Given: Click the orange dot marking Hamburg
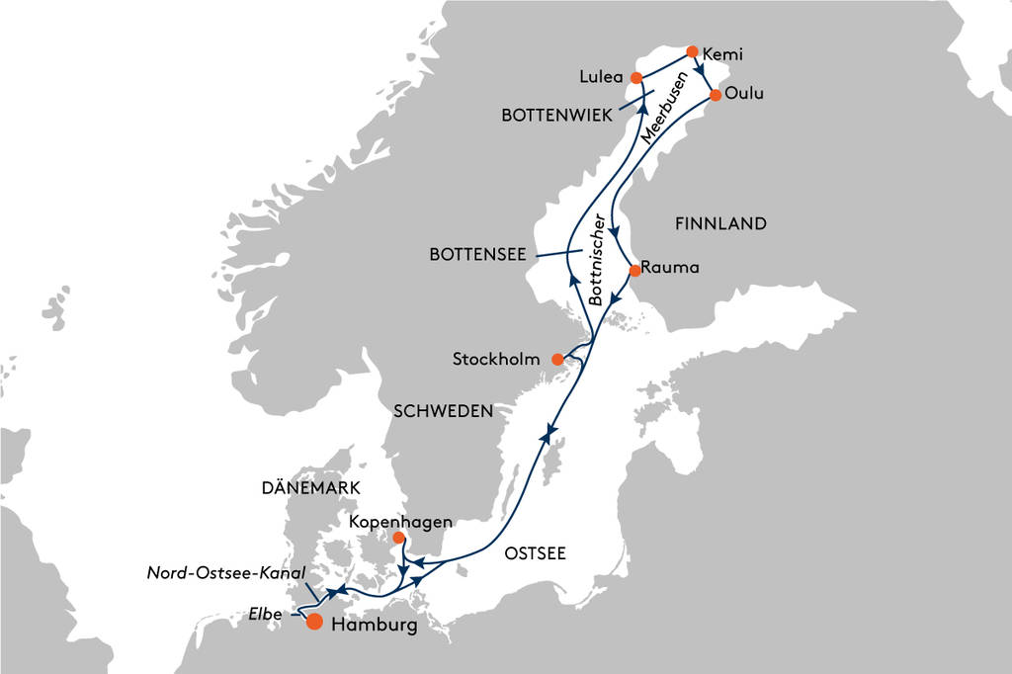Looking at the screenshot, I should point(314,622).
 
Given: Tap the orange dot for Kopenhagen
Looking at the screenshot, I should point(398,539).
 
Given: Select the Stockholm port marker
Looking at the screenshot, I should point(557,359).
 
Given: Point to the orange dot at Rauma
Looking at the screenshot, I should point(634,269).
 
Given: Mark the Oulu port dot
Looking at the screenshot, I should point(716,95).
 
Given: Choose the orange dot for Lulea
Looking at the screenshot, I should point(636,77).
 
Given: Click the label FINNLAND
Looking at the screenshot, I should point(720,224).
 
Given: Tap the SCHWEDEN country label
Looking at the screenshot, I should point(443,411).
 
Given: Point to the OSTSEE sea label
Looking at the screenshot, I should point(535,553).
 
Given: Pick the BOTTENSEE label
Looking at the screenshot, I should point(477,255).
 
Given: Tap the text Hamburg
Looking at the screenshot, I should point(373,626).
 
